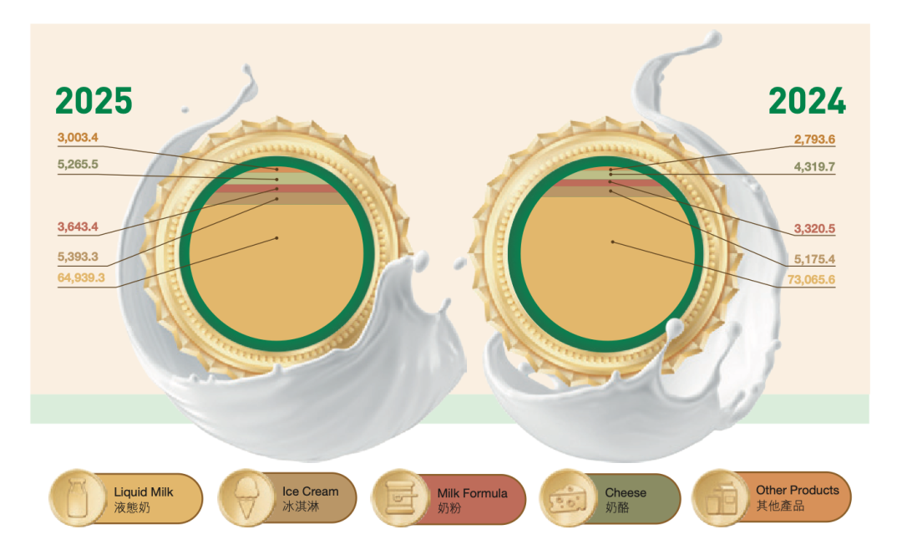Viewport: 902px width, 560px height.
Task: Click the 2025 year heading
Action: click(94, 101)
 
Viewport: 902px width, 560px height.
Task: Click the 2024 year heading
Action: click(807, 101)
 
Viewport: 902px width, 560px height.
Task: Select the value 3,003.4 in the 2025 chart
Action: click(78, 138)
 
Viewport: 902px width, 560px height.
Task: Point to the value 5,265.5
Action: click(78, 165)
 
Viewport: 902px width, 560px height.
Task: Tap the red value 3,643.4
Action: click(78, 227)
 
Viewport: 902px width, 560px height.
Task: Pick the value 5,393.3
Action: click(78, 257)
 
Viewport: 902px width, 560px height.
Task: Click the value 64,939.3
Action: click(81, 278)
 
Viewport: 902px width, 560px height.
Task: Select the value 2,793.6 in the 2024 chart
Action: click(814, 140)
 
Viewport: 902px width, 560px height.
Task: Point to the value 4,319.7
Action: click(814, 167)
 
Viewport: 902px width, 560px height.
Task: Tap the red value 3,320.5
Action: click(814, 228)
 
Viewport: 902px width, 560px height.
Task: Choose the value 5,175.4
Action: click(814, 259)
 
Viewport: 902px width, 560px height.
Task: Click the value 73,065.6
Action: click(811, 280)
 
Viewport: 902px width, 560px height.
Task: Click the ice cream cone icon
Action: click(246, 498)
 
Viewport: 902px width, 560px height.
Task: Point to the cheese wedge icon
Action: click(568, 500)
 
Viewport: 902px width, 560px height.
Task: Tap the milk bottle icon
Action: click(78, 498)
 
